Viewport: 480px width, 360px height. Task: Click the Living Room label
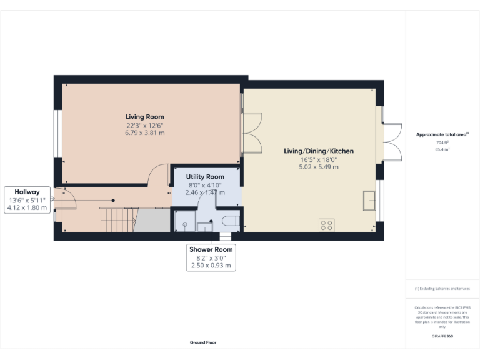point(144,117)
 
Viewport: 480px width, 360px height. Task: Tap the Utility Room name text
point(205,177)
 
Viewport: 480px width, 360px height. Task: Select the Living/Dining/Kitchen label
point(319,151)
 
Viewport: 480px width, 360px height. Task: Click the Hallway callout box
point(27,199)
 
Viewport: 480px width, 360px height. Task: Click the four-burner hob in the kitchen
point(326,224)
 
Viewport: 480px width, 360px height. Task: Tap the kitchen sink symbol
point(371,201)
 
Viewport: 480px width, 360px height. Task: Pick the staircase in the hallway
point(117,220)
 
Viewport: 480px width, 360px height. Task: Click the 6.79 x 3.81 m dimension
point(144,132)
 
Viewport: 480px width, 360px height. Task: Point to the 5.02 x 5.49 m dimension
point(319,167)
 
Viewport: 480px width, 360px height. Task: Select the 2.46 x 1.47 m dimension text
point(205,194)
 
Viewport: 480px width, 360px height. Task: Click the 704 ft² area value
point(442,142)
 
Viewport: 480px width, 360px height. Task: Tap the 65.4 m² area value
point(442,150)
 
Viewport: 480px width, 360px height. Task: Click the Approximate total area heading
point(442,134)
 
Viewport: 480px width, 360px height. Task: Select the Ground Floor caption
point(203,342)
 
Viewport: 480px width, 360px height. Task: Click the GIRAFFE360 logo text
point(442,336)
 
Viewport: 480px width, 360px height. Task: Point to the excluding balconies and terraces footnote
point(442,289)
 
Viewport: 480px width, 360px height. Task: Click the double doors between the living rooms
point(251,132)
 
